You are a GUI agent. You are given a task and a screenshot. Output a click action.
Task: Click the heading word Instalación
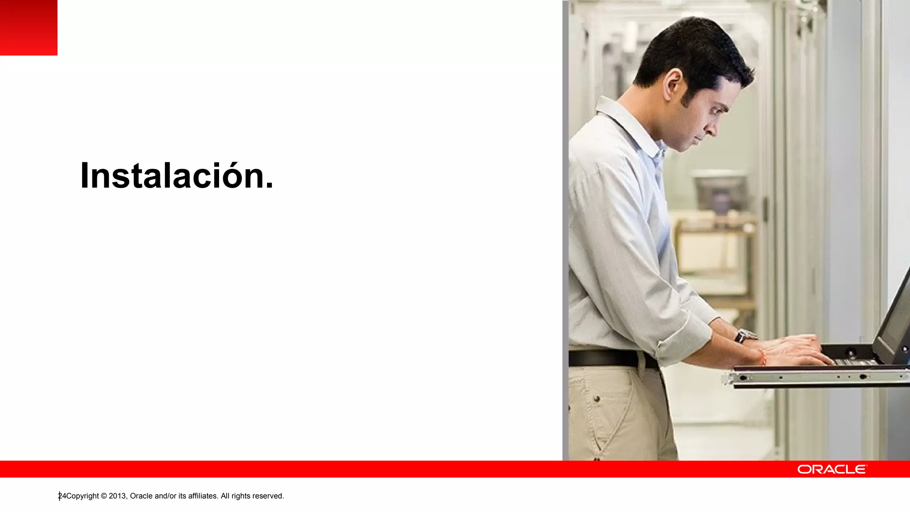coord(176,176)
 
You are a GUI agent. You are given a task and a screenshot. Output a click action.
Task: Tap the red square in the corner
coord(28,27)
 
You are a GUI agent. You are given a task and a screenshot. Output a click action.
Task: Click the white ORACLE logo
coord(832,469)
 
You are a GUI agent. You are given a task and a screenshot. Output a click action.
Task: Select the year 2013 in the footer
coord(118,496)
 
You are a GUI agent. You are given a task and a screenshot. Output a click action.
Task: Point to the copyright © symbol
coord(104,496)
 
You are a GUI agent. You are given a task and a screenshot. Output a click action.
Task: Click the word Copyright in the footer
coord(83,496)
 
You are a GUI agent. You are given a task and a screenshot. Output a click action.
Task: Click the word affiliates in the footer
coord(203,496)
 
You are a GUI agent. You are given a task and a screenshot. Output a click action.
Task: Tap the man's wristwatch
coord(745,336)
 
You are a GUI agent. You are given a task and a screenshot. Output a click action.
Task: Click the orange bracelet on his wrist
coord(762,357)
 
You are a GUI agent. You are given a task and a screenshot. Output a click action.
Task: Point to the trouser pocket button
coord(597,399)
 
